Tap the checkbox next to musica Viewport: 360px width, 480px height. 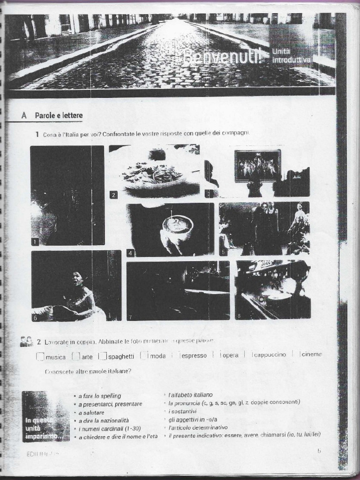(40, 356)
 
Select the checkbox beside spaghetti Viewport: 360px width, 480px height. (103, 356)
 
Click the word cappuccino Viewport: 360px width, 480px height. (270, 355)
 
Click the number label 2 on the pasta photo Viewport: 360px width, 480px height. (113, 195)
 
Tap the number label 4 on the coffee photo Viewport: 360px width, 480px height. (131, 253)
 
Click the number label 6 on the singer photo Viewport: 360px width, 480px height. (35, 317)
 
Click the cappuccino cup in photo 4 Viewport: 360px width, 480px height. (177, 225)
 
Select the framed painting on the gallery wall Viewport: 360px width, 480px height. (257, 165)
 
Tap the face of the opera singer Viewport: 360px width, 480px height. (77, 279)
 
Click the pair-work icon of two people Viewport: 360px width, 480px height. (26, 341)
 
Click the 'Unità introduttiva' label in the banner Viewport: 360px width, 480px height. (291, 55)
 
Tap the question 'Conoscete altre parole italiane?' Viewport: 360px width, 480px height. (88, 372)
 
